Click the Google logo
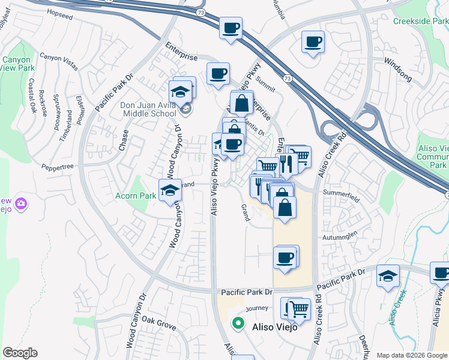pyautogui.click(x=20, y=353)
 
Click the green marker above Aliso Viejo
pyautogui.click(x=238, y=323)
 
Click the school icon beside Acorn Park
pyautogui.click(x=170, y=191)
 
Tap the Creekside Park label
pyautogui.click(x=420, y=21)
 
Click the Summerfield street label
pyautogui.click(x=340, y=193)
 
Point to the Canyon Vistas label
pyautogui.click(x=59, y=61)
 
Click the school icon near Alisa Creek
pyautogui.click(x=388, y=276)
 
